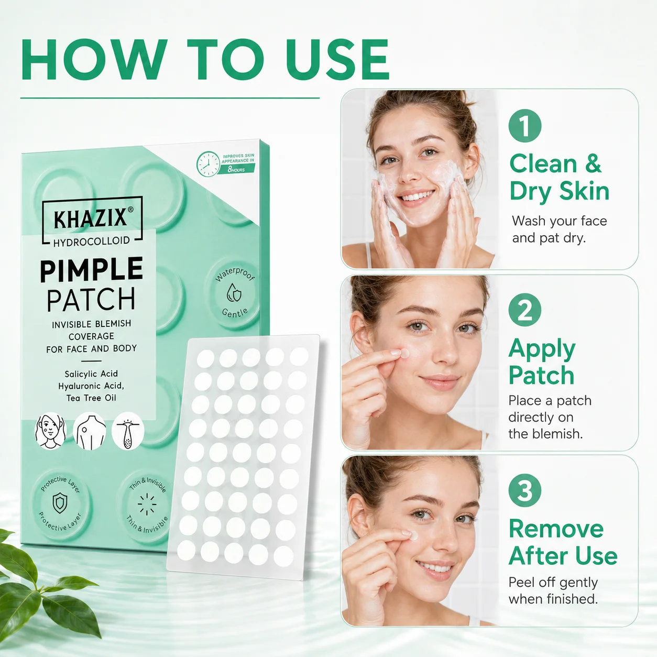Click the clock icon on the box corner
(208, 164)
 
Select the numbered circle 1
(525, 126)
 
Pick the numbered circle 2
(525, 310)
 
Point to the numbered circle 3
(525, 490)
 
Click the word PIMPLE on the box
(91, 270)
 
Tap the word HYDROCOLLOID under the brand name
(91, 241)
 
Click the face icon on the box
(50, 431)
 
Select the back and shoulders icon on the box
(89, 431)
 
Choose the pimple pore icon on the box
(128, 431)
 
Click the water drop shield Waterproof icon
(234, 292)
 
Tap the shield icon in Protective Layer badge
(60, 503)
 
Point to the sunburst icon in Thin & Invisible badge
(147, 504)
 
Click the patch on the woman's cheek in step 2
(404, 354)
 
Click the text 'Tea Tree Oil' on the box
(91, 398)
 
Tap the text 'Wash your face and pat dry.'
(559, 229)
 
